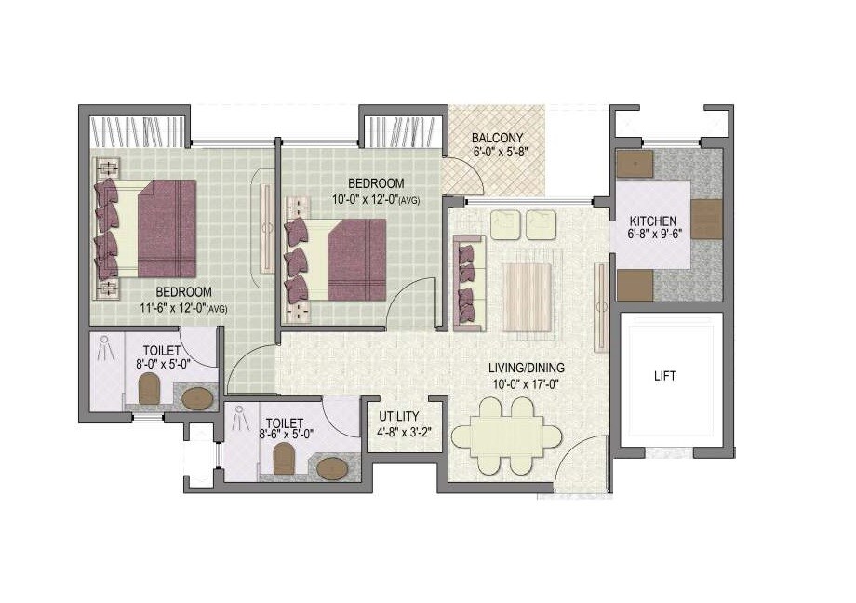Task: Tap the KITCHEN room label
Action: [653, 221]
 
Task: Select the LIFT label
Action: [665, 377]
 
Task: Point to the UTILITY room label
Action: [399, 416]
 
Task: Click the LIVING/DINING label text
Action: [528, 368]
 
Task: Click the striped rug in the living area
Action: [527, 297]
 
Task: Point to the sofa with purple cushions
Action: [468, 283]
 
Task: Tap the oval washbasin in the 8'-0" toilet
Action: [196, 398]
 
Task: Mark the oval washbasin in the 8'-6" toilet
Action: [332, 468]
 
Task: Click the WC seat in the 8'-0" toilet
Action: [149, 387]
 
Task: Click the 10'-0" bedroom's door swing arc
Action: [407, 307]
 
